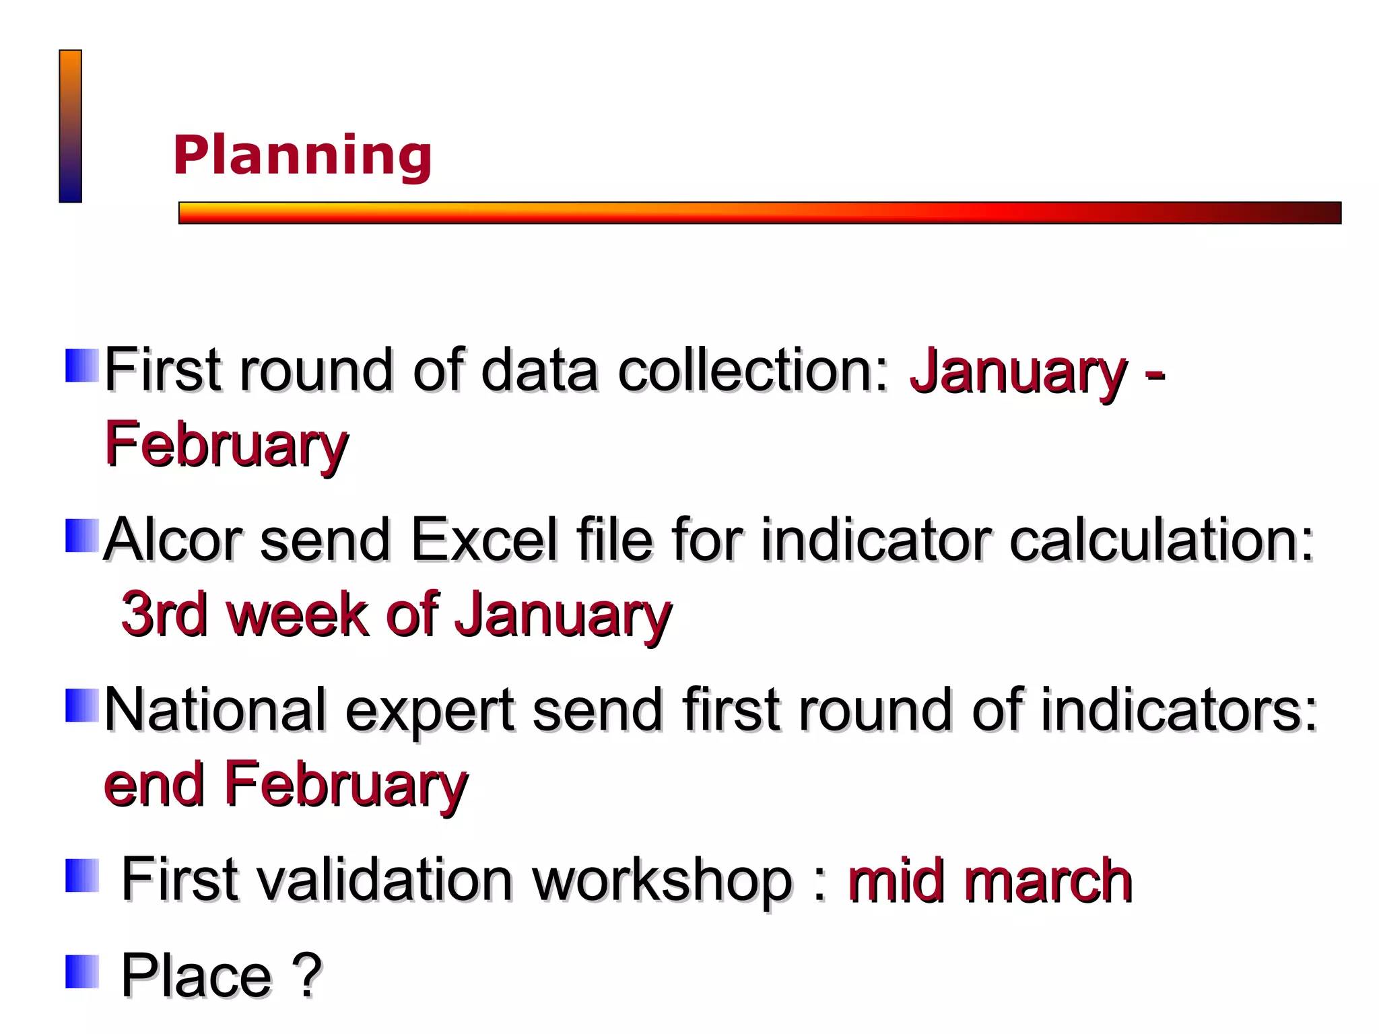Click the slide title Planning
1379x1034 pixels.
click(302, 156)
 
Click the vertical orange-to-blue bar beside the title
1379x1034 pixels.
click(70, 126)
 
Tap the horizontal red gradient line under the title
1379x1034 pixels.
click(759, 213)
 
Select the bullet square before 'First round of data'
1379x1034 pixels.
click(82, 366)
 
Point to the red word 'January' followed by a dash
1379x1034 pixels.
click(1017, 371)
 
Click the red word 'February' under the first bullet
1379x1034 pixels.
click(226, 445)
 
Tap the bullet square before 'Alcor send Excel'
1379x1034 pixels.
click(82, 535)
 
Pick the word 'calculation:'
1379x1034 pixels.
click(1162, 541)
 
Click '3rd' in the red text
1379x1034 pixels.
click(164, 614)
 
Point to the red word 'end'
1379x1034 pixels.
click(154, 785)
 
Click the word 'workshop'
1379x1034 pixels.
click(662, 880)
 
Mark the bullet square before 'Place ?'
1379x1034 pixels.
click(82, 971)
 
